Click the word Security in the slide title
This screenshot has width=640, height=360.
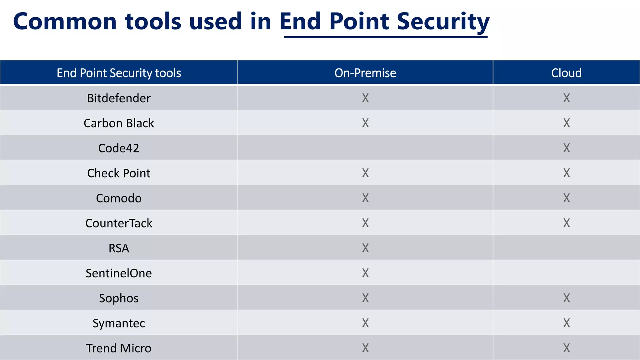(443, 21)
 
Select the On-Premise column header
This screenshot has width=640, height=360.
(365, 73)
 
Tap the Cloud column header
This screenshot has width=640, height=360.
(566, 73)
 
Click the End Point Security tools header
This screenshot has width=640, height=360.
(119, 73)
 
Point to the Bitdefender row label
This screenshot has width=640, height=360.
(119, 98)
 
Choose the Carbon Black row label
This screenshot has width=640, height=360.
(119, 123)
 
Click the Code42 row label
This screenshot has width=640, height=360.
(119, 148)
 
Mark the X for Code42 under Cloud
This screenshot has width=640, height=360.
(566, 148)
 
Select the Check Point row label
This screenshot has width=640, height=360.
(119, 173)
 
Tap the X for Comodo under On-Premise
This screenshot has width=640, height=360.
(365, 198)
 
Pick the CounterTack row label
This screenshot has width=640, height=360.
(119, 223)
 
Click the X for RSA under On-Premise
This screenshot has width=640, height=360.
(365, 248)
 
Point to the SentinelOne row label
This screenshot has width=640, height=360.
(119, 273)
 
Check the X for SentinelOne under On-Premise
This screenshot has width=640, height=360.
(365, 273)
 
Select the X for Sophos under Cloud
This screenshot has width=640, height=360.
(566, 298)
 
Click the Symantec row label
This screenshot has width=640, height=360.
(119, 323)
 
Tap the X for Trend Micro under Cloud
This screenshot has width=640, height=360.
(566, 348)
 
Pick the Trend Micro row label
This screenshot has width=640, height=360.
(119, 348)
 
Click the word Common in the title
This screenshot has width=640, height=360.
(65, 21)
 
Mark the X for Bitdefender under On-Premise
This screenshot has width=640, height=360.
(365, 98)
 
